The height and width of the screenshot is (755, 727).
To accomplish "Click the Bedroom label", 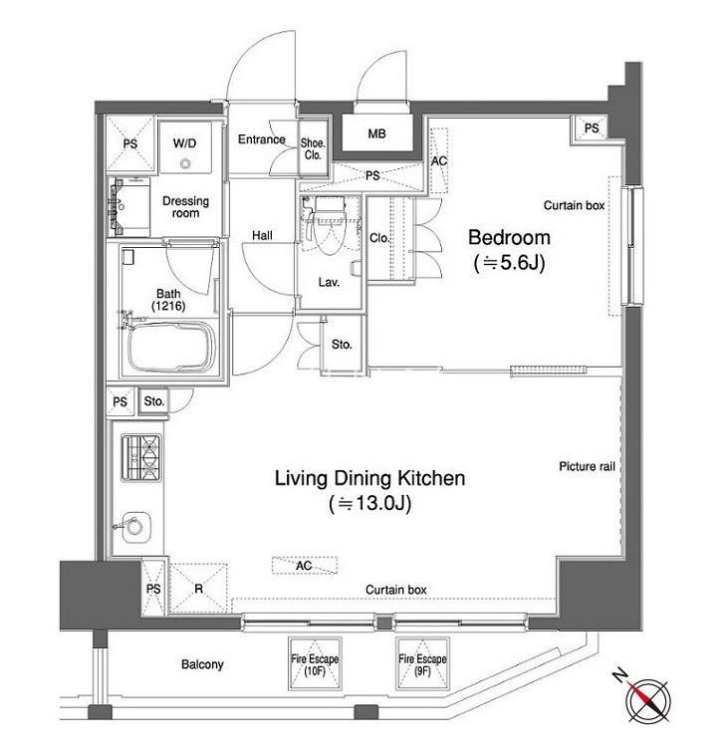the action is tap(509, 237).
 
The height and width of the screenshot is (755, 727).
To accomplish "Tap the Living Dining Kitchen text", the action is tap(369, 479).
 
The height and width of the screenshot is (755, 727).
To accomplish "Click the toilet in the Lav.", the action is tap(329, 226).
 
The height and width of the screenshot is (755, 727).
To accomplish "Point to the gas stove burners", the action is tap(141, 457).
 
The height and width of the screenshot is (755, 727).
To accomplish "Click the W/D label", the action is tap(185, 143).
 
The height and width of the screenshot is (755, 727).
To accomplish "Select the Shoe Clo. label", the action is tap(313, 148).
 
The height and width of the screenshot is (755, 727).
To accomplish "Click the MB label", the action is tap(376, 133).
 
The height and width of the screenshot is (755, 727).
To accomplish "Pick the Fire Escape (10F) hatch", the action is tap(315, 664).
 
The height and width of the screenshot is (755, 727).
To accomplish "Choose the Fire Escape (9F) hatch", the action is tap(422, 664).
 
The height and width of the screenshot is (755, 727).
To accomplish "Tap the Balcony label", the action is tap(202, 664).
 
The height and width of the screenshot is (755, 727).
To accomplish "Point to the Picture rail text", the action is tap(587, 466).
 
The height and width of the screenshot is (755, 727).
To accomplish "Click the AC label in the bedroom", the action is tap(438, 160).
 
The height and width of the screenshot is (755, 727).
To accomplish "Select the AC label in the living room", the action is tap(304, 566).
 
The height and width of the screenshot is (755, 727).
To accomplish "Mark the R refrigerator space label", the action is tap(198, 589).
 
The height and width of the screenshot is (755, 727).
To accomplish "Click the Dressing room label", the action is tap(186, 207).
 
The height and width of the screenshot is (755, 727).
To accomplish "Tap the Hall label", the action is tap(262, 235).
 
